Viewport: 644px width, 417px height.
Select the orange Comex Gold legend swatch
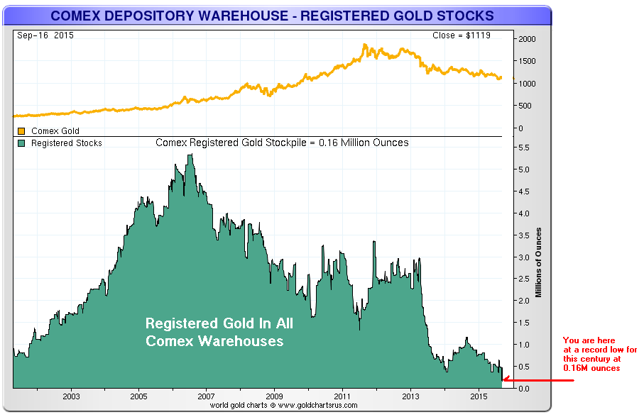[21, 131]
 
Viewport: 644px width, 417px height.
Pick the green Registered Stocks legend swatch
[21, 143]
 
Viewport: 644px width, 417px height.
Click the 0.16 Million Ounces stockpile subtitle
[282, 143]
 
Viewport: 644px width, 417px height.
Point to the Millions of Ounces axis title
[540, 262]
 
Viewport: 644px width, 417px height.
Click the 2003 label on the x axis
[70, 395]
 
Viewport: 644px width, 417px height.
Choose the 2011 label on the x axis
[343, 395]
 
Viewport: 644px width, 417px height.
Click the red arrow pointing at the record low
[540, 381]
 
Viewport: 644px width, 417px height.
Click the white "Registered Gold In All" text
[219, 324]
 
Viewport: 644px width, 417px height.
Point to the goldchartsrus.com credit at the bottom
[283, 406]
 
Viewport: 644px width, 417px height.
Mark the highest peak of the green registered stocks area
[190, 155]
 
